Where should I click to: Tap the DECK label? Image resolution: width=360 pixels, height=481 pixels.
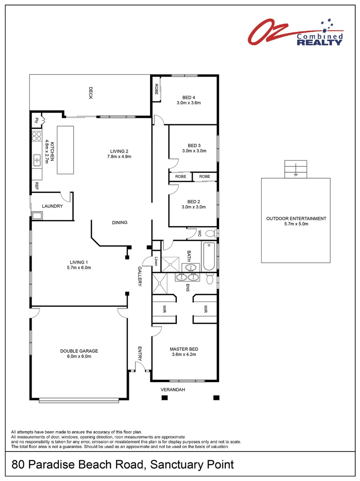pyautogui.click(x=90, y=93)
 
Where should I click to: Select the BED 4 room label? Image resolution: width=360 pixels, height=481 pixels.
pyautogui.click(x=189, y=98)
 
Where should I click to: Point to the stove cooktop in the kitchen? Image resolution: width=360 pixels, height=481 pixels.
pyautogui.click(x=37, y=137)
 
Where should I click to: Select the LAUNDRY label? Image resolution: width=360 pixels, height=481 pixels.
pyautogui.click(x=53, y=206)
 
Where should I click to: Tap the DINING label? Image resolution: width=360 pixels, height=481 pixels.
pyautogui.click(x=120, y=222)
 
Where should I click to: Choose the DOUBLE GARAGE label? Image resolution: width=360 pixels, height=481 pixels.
pyautogui.click(x=79, y=351)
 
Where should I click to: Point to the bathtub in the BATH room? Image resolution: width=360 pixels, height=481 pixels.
pyautogui.click(x=209, y=257)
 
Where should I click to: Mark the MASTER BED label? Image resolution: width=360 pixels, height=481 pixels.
pyautogui.click(x=184, y=349)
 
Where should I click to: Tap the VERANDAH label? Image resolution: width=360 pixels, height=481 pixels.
pyautogui.click(x=173, y=390)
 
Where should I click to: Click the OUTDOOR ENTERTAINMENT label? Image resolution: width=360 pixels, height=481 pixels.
pyautogui.click(x=296, y=219)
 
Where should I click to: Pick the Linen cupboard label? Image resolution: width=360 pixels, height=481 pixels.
pyautogui.click(x=156, y=261)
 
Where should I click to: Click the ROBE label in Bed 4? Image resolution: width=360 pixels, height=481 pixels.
pyautogui.click(x=157, y=89)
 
